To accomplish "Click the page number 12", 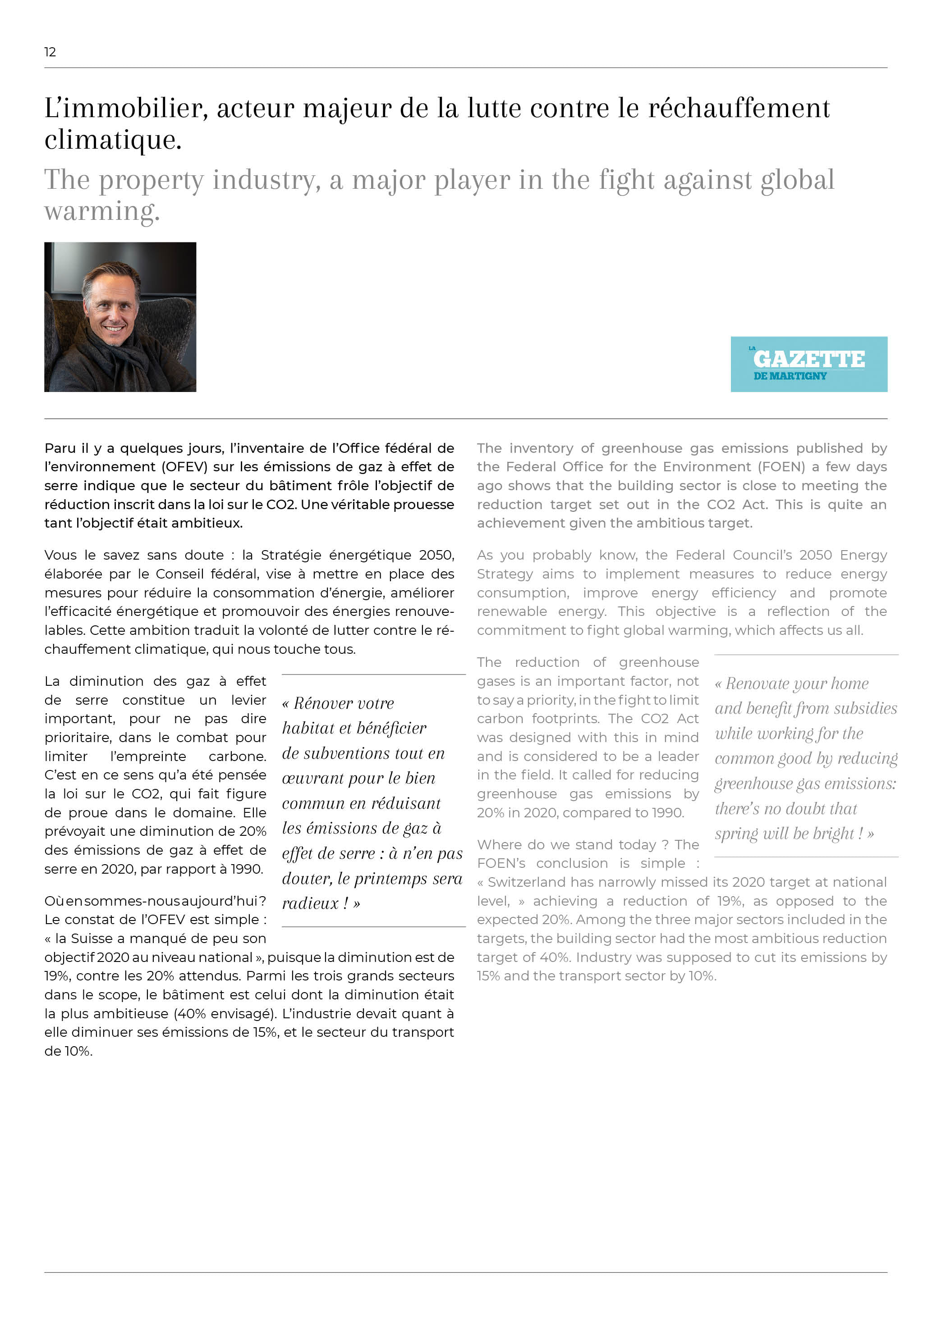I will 50,52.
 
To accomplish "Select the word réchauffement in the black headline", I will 739,109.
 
